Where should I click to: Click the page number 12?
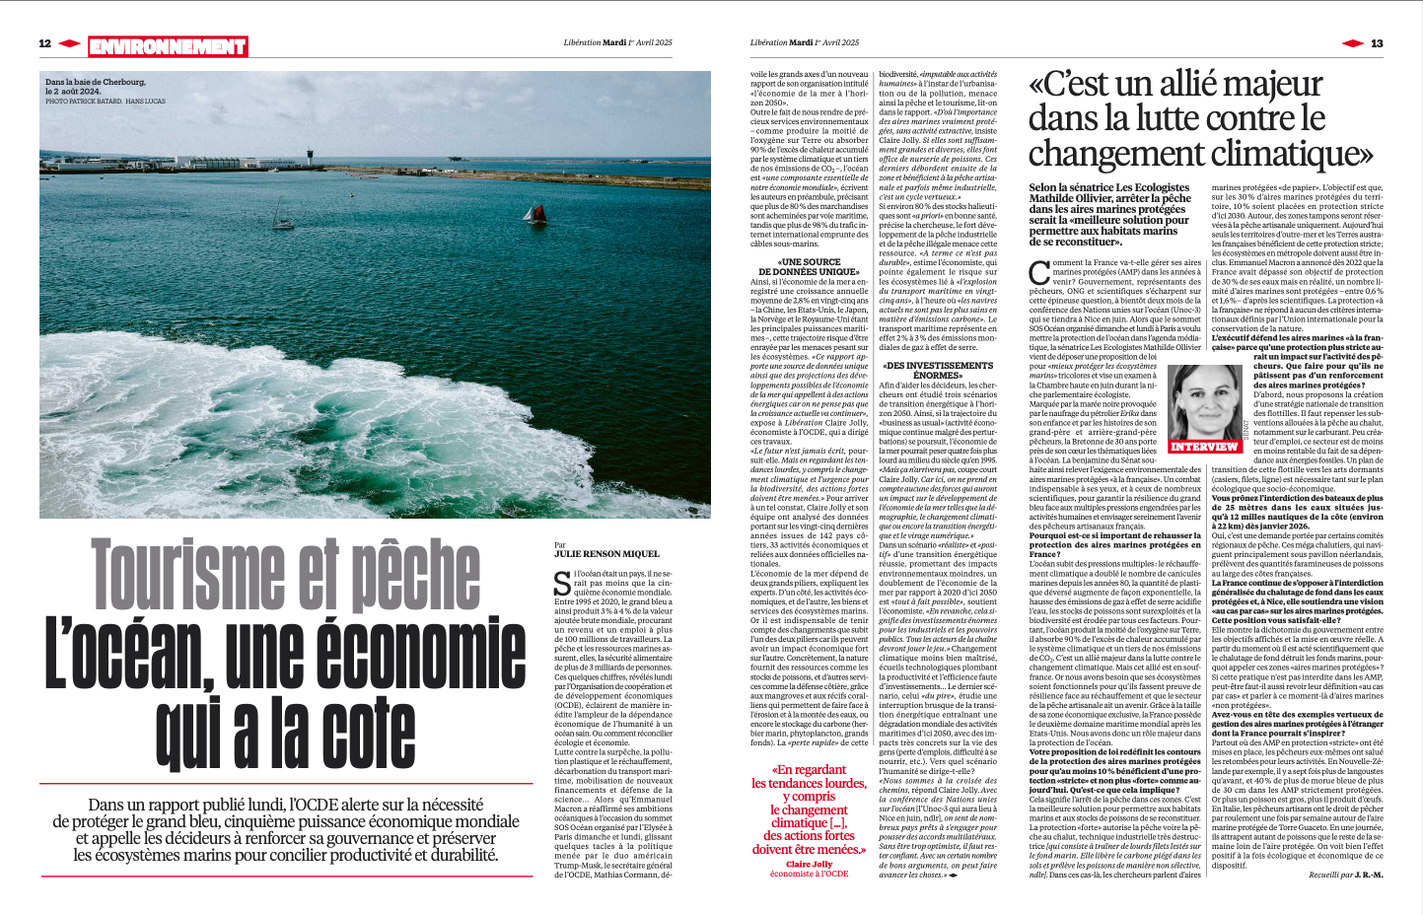click(x=44, y=43)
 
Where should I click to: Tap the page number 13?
click(x=1377, y=43)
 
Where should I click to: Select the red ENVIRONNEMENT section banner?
click(x=168, y=46)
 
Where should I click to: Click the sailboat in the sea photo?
click(x=535, y=214)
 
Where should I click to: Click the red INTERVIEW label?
click(x=1203, y=447)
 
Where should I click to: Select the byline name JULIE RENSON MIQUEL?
click(x=605, y=555)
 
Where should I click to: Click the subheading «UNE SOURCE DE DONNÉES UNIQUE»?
click(x=809, y=266)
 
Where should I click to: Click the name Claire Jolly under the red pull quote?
click(x=809, y=864)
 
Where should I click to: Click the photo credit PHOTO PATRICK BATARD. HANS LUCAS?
click(x=106, y=102)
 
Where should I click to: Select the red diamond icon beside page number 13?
click(x=1353, y=43)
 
